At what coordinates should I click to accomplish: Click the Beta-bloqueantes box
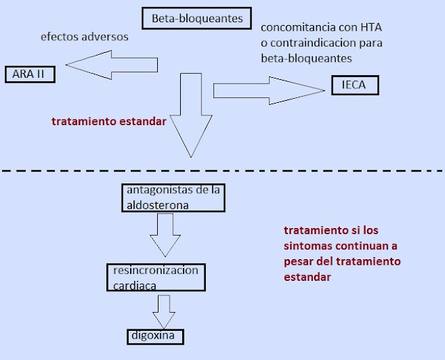pyautogui.click(x=197, y=19)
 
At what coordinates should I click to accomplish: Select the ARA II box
pyautogui.click(x=30, y=74)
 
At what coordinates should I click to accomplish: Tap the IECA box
pyautogui.click(x=355, y=85)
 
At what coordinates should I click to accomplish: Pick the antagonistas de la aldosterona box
pyautogui.click(x=173, y=198)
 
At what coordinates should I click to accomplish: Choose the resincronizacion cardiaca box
pyautogui.click(x=156, y=277)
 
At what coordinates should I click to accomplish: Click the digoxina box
pyautogui.click(x=156, y=337)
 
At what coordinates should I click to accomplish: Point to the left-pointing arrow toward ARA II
pyautogui.click(x=111, y=65)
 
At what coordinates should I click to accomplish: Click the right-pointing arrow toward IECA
pyautogui.click(x=269, y=90)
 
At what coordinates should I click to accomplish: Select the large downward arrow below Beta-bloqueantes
pyautogui.click(x=191, y=115)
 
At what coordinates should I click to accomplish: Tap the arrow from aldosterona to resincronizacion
pyautogui.click(x=165, y=235)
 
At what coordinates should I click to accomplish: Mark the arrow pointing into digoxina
pyautogui.click(x=164, y=312)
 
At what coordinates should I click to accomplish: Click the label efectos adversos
pyautogui.click(x=85, y=37)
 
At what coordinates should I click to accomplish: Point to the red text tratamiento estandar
pyautogui.click(x=109, y=122)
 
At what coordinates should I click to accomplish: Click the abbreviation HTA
pyautogui.click(x=371, y=28)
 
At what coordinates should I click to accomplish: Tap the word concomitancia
pyautogui.click(x=294, y=28)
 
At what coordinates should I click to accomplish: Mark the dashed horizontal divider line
pyautogui.click(x=222, y=171)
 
